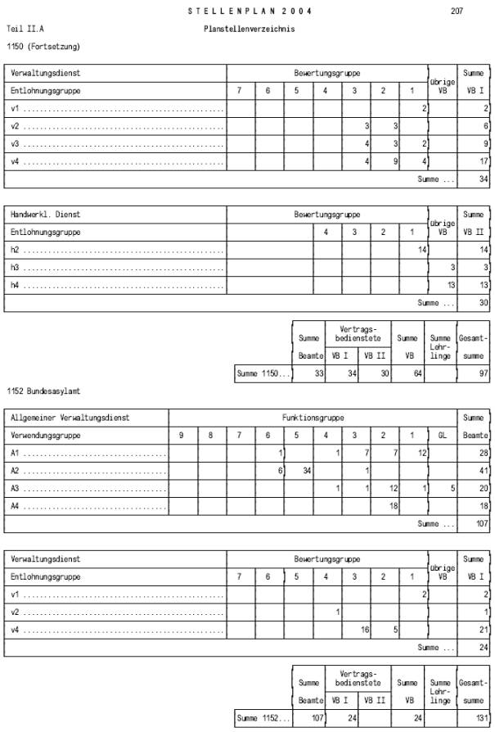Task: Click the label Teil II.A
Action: click(x=25, y=29)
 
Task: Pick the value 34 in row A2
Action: click(x=307, y=471)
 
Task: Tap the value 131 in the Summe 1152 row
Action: click(x=481, y=718)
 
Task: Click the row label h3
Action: click(x=15, y=267)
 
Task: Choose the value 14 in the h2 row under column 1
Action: click(x=422, y=249)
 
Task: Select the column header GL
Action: click(x=443, y=436)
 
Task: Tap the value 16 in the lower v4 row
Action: click(x=366, y=630)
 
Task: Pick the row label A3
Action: click(x=15, y=488)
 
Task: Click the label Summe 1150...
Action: click(x=262, y=374)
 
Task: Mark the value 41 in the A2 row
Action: click(x=483, y=471)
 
